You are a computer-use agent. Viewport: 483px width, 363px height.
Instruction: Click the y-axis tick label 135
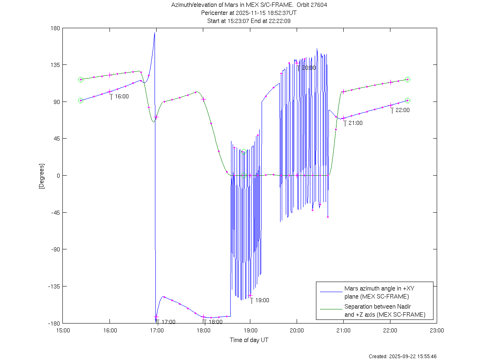tap(56, 65)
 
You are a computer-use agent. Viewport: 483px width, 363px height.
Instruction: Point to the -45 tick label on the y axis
tap(55, 212)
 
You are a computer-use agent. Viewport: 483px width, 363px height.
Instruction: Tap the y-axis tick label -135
tap(54, 286)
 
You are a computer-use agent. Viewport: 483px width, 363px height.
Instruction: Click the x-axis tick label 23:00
tap(437, 330)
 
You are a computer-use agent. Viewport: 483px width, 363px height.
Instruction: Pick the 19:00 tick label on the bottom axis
tap(250, 330)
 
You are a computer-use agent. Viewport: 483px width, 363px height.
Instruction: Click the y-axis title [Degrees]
tap(41, 176)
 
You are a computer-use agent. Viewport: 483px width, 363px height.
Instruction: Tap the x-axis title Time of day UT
tap(249, 340)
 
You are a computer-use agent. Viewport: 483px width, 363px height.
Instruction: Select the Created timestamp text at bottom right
tap(402, 357)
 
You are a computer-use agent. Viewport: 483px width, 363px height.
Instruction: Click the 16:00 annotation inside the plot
tap(122, 97)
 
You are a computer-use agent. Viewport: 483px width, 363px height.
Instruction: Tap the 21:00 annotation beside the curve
tap(355, 123)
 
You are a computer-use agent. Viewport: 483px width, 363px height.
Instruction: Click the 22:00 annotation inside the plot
tap(402, 110)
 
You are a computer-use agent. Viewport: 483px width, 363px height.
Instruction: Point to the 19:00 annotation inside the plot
tap(262, 300)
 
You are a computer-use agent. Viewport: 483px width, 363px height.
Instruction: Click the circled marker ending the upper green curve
tap(407, 80)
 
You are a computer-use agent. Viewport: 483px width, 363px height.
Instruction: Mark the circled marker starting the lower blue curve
tap(80, 100)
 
